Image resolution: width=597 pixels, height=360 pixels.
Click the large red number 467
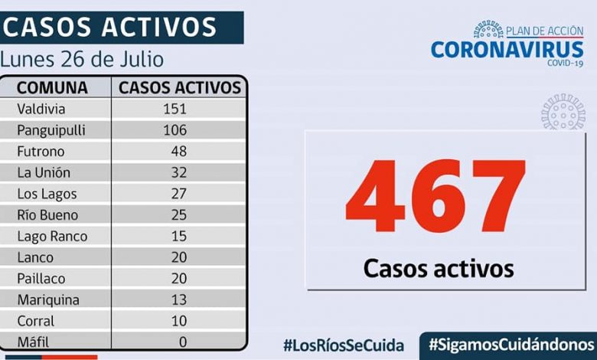(436, 197)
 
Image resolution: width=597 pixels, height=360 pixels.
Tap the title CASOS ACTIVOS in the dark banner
(110, 27)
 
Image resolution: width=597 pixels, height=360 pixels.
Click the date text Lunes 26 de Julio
(82, 60)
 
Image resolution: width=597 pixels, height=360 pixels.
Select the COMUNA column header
(52, 87)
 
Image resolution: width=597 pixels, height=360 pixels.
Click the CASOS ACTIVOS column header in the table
(180, 87)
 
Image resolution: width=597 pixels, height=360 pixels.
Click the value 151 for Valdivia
(175, 109)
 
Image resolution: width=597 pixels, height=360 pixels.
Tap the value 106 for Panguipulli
(175, 130)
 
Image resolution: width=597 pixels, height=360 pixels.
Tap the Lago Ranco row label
(52, 237)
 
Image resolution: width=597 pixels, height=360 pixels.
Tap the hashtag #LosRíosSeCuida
(344, 345)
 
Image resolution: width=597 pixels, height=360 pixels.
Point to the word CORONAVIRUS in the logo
(507, 50)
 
